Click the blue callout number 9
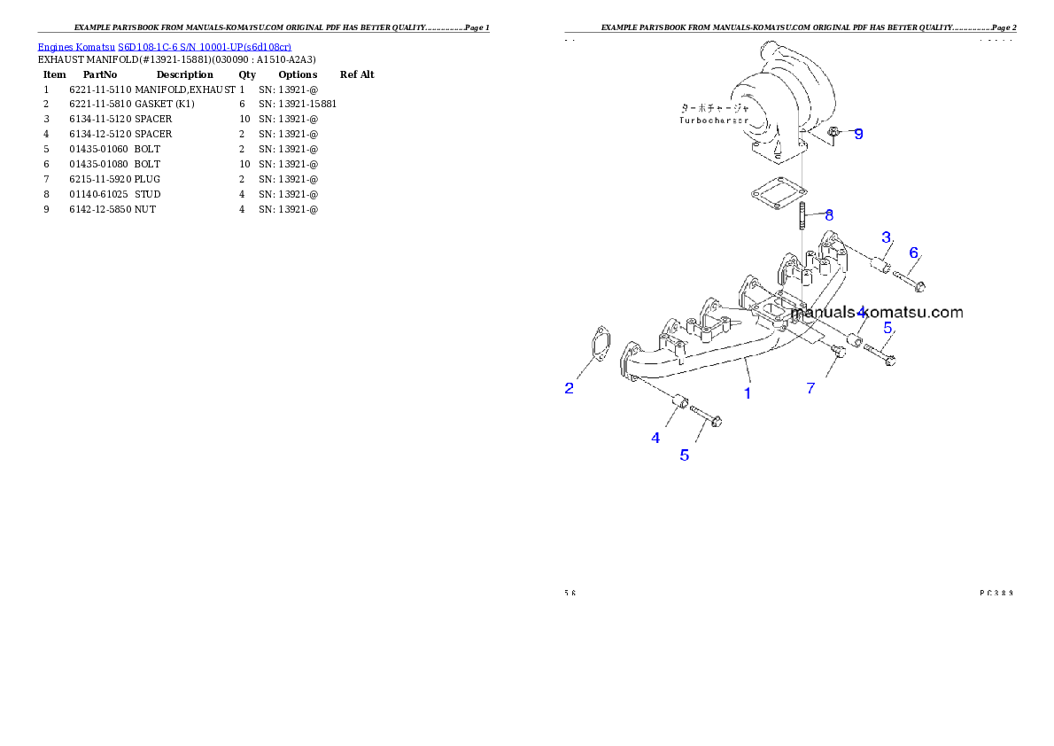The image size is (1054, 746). (857, 135)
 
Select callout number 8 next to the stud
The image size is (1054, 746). (829, 214)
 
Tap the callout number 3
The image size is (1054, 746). (885, 237)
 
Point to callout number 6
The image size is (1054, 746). (913, 253)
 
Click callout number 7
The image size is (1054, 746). (810, 388)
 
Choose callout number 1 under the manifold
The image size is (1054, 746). (748, 392)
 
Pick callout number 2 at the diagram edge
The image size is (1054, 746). (570, 388)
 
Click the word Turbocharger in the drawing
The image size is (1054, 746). (714, 120)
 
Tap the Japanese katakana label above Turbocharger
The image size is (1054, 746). (714, 107)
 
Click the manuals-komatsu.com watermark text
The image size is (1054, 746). (877, 312)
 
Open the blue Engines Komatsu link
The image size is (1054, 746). (164, 46)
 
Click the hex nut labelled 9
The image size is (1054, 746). (834, 134)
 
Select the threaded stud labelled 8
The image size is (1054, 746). (801, 215)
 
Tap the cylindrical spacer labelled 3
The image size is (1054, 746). (880, 263)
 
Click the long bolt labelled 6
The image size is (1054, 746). (909, 281)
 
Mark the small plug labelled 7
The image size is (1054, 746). (839, 352)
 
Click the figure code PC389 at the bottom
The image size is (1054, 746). (996, 592)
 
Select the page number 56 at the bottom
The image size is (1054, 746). (570, 592)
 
